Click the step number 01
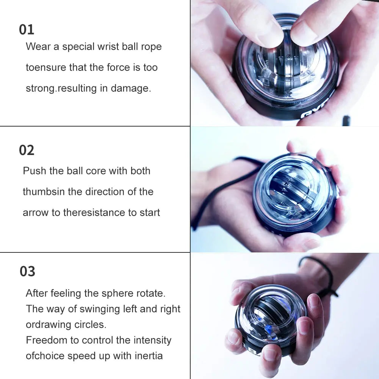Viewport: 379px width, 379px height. pos(27,30)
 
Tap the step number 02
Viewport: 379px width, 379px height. pos(27,150)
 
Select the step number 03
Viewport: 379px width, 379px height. pos(27,271)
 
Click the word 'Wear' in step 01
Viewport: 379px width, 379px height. pos(38,47)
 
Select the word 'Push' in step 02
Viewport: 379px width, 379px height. pos(33,171)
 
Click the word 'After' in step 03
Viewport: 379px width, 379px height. pos(37,293)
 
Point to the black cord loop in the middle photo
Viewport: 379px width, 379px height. pos(212,197)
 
